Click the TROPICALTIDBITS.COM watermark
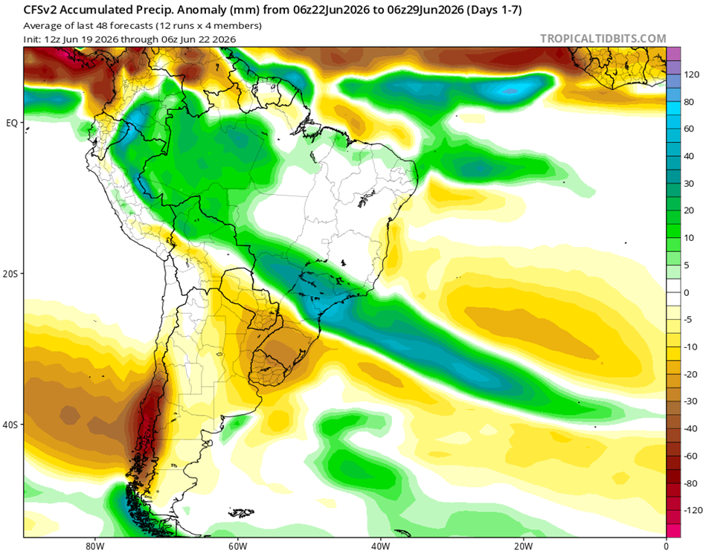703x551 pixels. [x=603, y=39]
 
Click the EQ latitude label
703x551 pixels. [x=12, y=123]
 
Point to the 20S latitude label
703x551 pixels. [x=10, y=274]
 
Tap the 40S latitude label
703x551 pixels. [x=10, y=425]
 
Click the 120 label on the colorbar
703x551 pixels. [x=692, y=74]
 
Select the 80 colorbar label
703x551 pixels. [x=689, y=102]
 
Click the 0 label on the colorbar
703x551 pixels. [x=687, y=292]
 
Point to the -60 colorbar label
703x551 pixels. [x=690, y=456]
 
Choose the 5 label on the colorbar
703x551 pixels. [x=687, y=265]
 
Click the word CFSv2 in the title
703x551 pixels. [x=39, y=10]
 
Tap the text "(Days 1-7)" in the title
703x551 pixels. [x=494, y=10]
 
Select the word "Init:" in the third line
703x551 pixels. [x=32, y=39]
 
